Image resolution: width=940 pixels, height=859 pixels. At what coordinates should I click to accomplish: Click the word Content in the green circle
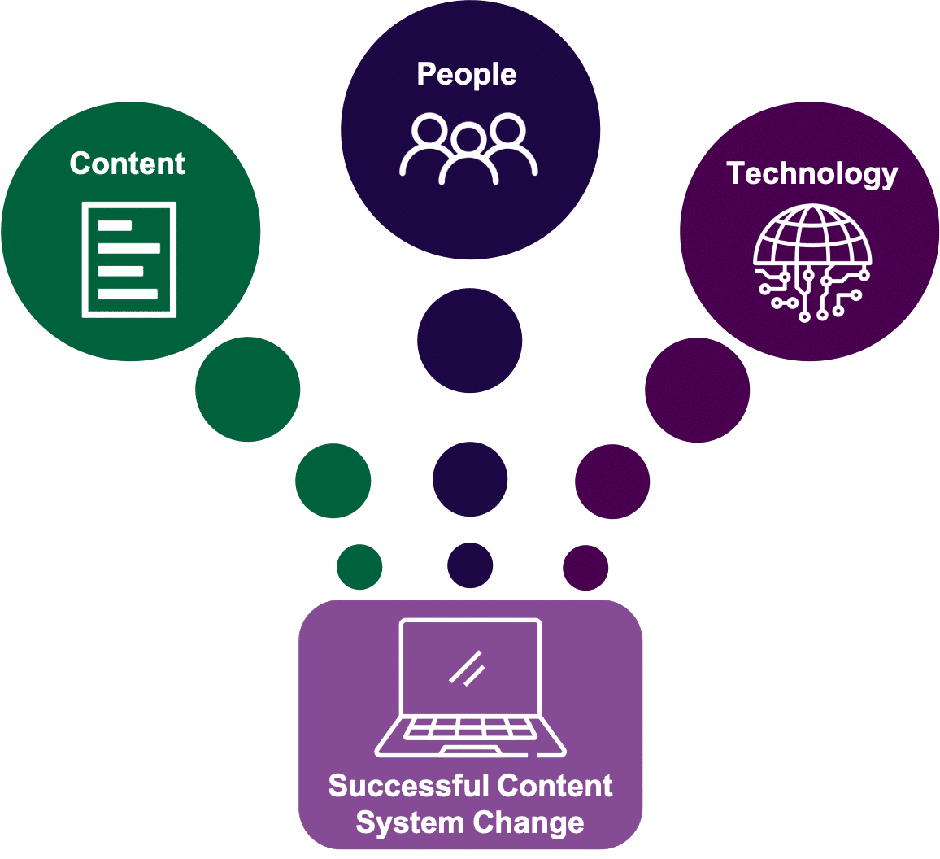click(127, 164)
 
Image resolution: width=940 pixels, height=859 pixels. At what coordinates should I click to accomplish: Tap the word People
click(466, 75)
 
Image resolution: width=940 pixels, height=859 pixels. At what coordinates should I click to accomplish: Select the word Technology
click(812, 174)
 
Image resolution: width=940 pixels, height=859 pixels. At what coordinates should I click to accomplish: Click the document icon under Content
click(129, 259)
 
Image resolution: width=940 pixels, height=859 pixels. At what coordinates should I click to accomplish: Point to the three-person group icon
click(468, 148)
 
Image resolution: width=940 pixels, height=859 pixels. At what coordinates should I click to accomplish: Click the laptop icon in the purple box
click(470, 688)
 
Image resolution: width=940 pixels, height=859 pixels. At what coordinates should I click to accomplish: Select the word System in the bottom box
click(397, 822)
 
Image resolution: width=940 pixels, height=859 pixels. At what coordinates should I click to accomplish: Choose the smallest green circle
click(359, 567)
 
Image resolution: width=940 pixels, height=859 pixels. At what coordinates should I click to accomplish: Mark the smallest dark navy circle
click(470, 565)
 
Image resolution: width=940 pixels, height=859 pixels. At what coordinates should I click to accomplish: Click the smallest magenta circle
click(585, 567)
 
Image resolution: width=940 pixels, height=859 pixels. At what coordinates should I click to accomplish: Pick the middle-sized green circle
click(333, 481)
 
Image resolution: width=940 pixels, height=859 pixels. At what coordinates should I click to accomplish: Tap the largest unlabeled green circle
click(248, 390)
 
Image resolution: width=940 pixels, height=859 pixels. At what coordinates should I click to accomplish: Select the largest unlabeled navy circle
click(470, 341)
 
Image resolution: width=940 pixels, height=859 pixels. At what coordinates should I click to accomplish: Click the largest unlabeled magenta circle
click(697, 390)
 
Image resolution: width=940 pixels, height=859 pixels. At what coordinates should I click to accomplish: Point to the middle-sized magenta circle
click(612, 482)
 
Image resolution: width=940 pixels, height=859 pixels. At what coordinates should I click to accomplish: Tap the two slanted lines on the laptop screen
click(467, 668)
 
